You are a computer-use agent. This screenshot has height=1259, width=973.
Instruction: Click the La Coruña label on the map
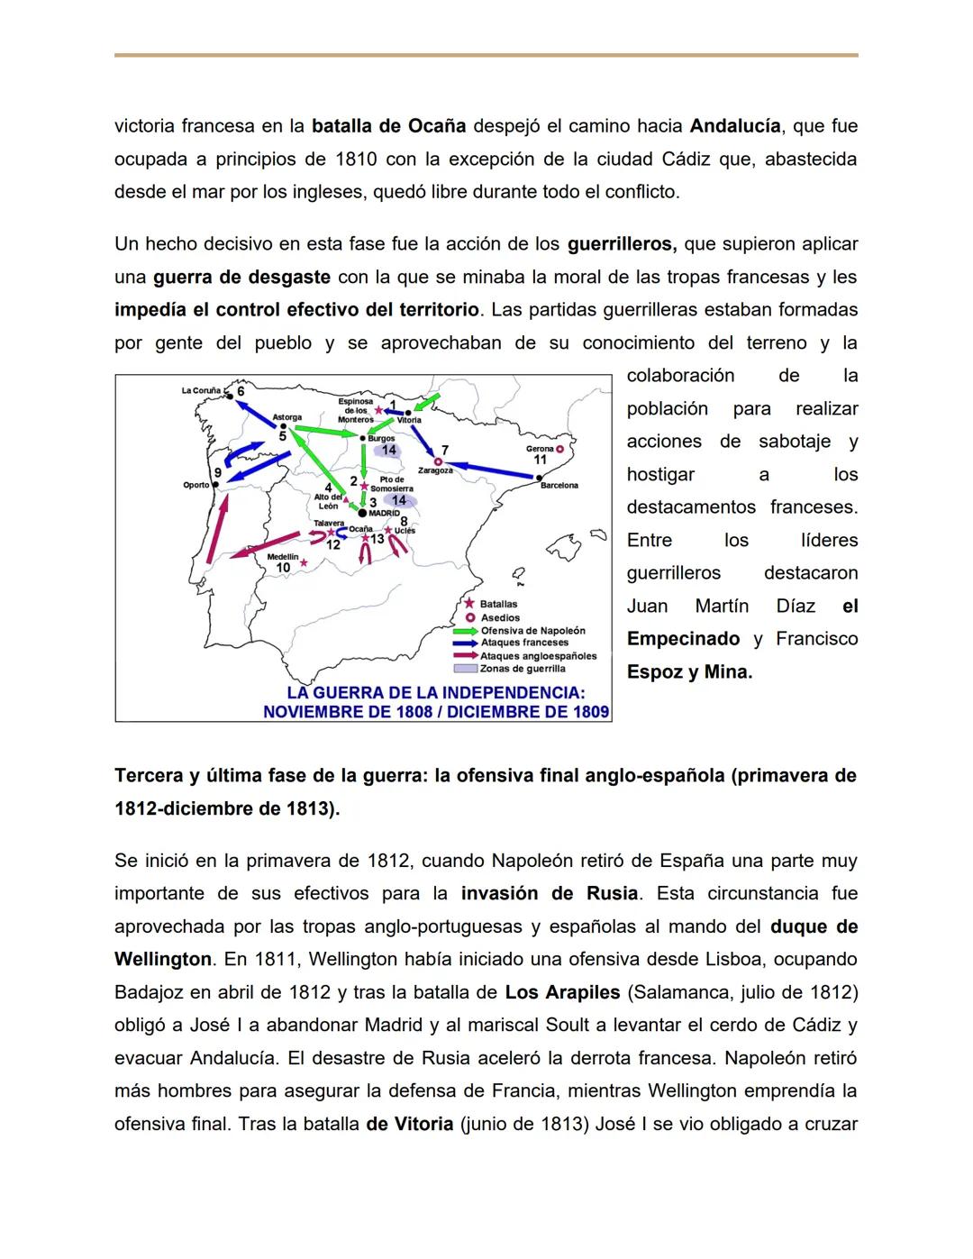(200, 391)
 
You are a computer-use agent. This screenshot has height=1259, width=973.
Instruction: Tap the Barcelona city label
(559, 486)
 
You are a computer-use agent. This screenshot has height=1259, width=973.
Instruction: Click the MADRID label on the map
(385, 513)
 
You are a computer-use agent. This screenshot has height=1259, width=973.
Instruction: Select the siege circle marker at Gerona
(559, 448)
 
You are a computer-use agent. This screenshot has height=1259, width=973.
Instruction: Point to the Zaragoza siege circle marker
(439, 461)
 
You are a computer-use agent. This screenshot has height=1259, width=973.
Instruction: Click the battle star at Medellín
(304, 563)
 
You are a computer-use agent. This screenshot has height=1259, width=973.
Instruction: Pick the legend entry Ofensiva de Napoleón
(532, 631)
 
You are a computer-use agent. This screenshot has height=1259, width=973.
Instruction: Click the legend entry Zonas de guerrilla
(523, 669)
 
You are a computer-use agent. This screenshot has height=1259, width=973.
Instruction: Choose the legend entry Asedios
(500, 617)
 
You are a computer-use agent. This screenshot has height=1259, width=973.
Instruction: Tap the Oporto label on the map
(196, 485)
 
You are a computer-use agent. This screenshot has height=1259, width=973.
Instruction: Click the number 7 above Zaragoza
(444, 450)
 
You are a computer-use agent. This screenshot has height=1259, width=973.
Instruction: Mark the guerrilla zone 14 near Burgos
(388, 450)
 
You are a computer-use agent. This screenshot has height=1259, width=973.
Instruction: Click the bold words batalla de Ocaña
(388, 126)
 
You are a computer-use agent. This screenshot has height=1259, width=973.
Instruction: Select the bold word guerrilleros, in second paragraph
(622, 244)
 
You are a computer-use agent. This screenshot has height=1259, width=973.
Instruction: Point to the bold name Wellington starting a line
(162, 960)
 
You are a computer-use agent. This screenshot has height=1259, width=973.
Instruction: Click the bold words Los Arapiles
(562, 992)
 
